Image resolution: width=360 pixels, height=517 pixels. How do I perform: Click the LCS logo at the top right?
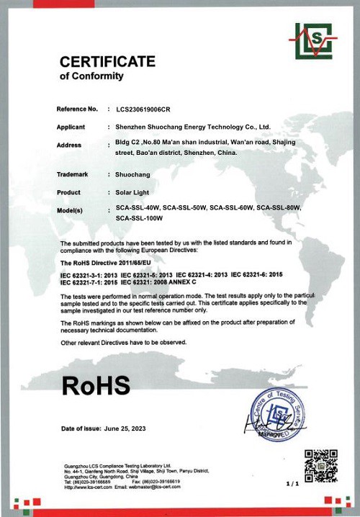coord(312,41)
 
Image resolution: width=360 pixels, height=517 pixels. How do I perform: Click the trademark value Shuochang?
coord(132,174)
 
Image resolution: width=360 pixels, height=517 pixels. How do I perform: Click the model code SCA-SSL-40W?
coord(138,208)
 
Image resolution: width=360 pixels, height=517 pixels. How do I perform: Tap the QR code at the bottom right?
coord(320,466)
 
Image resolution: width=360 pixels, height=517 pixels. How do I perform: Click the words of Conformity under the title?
coord(91,76)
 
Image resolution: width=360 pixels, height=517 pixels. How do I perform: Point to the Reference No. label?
coord(77,109)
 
